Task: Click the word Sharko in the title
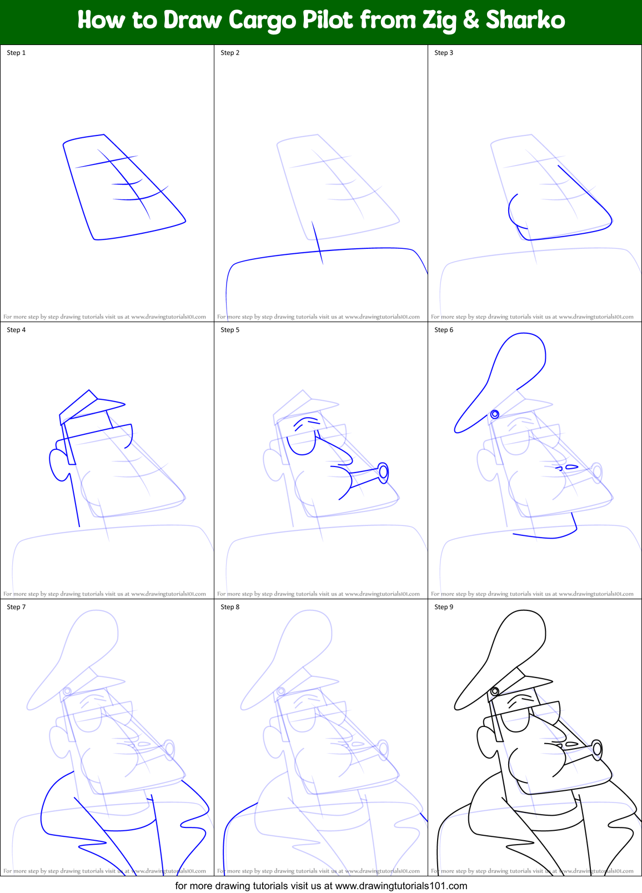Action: [525, 21]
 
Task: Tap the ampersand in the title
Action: [470, 21]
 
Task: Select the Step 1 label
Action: [16, 53]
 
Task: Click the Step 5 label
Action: [230, 330]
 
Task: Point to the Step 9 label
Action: [444, 607]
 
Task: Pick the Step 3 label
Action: [444, 53]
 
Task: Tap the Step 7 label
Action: [16, 607]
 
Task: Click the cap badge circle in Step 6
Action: [495, 414]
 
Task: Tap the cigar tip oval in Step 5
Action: [383, 473]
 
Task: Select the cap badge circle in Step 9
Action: [495, 691]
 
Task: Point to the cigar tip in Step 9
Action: [597, 749]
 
